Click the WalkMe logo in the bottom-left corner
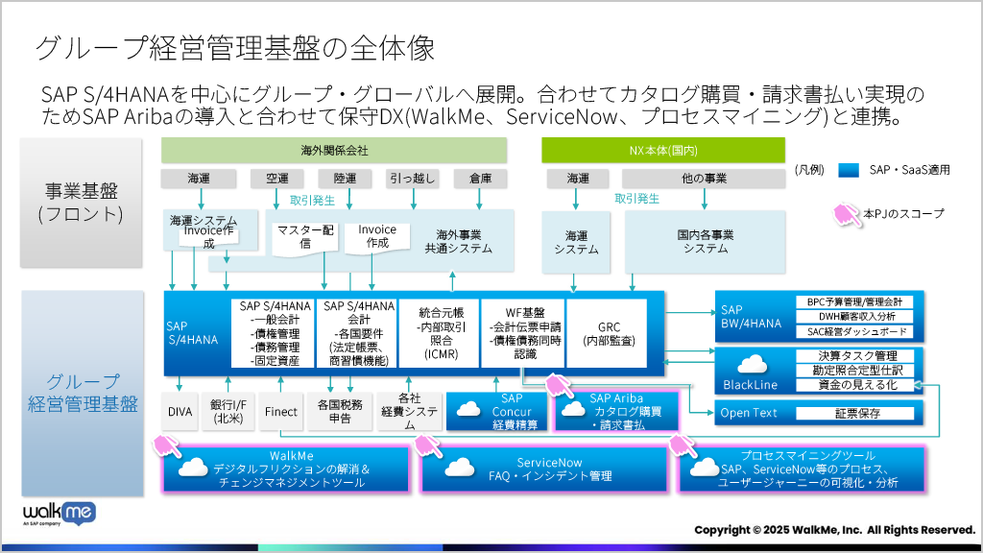(59, 512)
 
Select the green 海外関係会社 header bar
(333, 151)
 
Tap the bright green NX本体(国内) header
(662, 151)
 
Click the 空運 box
(276, 179)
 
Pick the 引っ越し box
(413, 179)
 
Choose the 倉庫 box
(480, 179)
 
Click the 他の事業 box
(704, 179)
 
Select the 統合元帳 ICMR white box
(441, 333)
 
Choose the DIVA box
(180, 412)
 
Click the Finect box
(280, 412)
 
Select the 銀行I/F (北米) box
(228, 412)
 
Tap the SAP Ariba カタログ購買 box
(616, 411)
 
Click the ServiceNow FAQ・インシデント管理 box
(548, 469)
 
